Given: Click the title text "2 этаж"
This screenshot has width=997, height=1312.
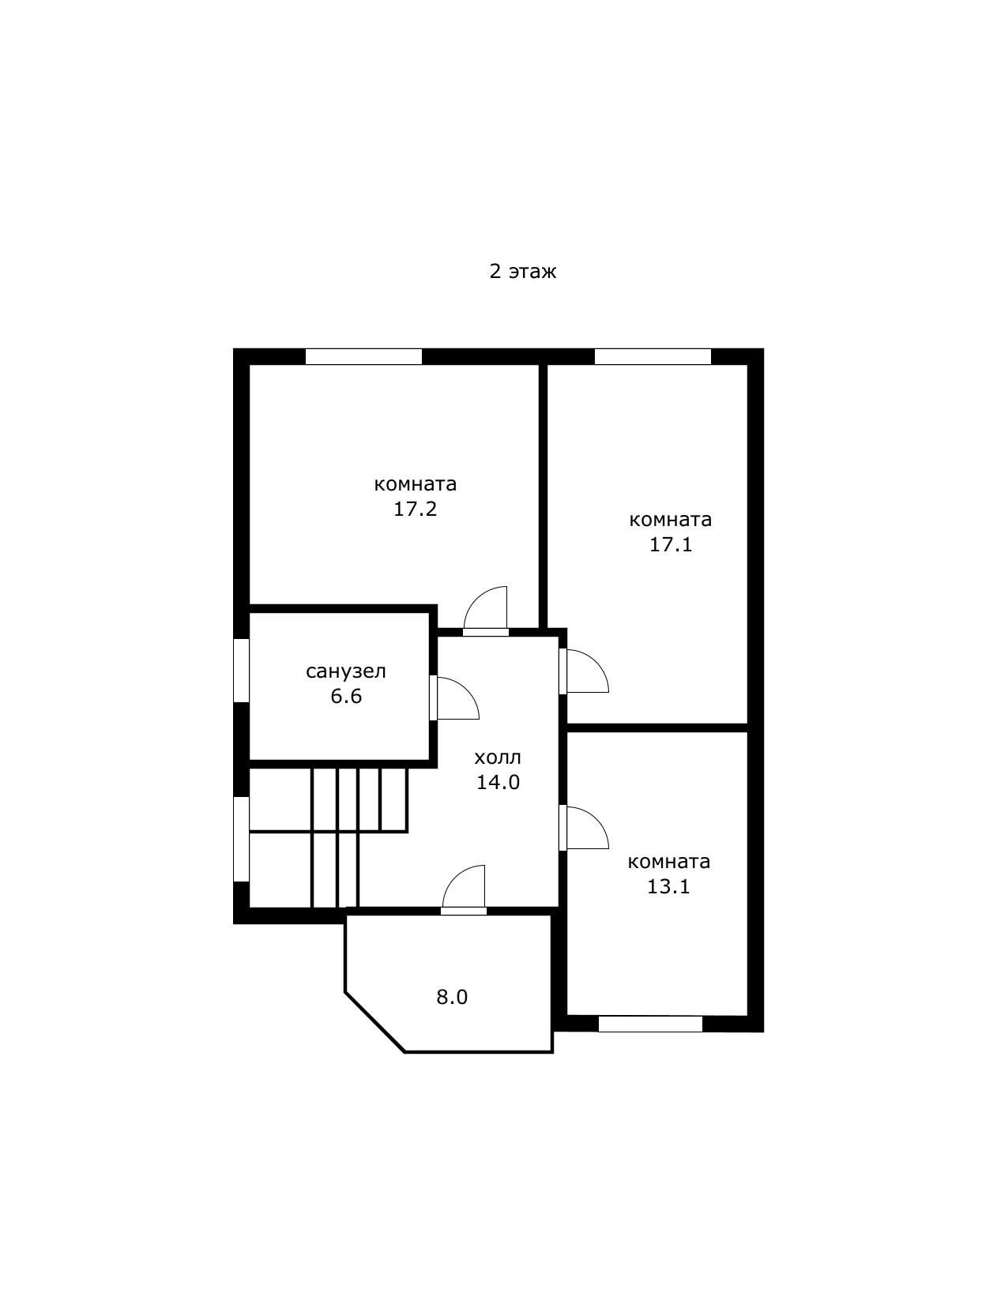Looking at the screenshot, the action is (x=522, y=272).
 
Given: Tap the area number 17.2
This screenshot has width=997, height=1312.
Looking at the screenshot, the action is (x=415, y=509).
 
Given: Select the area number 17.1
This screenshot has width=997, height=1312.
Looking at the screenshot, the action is (x=671, y=544).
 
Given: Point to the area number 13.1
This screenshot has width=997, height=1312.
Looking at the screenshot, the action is (x=668, y=885).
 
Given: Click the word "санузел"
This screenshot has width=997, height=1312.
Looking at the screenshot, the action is (x=345, y=672).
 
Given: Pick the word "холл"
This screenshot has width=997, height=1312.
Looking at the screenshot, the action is (x=498, y=758).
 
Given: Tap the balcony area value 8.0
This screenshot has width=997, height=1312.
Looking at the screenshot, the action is (x=452, y=997).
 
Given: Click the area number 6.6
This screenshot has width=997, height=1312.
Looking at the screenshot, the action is (x=346, y=697).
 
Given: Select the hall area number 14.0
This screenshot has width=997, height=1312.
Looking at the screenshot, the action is (x=498, y=782).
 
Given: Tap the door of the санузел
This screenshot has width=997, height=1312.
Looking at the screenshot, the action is (x=454, y=698).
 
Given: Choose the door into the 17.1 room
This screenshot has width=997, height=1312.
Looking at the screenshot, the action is (x=583, y=671).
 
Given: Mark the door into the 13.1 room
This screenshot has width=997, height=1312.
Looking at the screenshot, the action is (x=583, y=828).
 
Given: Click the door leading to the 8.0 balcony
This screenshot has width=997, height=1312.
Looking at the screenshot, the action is (x=464, y=890).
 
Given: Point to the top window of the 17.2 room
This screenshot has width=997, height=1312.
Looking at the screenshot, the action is (x=363, y=356).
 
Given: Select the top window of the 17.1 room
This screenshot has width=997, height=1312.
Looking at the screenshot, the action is (x=653, y=356).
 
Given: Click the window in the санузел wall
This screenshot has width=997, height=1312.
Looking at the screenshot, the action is (x=241, y=671).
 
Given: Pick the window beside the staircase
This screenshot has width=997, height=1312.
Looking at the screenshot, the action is (x=241, y=839).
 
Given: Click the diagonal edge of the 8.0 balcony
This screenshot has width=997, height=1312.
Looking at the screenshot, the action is (x=374, y=1022).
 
